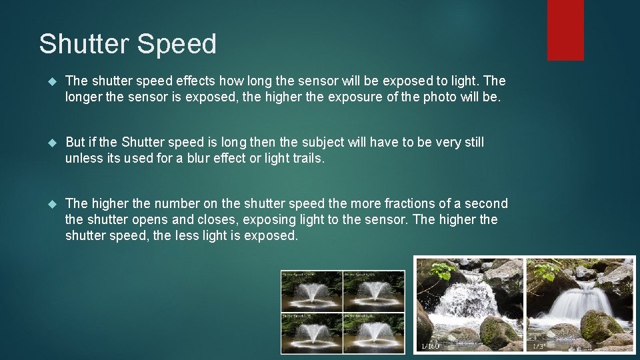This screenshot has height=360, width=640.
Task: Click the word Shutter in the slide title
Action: click(84, 45)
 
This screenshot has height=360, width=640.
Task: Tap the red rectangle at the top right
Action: click(565, 30)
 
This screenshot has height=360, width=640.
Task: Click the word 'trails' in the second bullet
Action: click(306, 159)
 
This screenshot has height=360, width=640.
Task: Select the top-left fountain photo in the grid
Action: click(311, 290)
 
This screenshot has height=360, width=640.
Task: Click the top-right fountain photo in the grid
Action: click(373, 290)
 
